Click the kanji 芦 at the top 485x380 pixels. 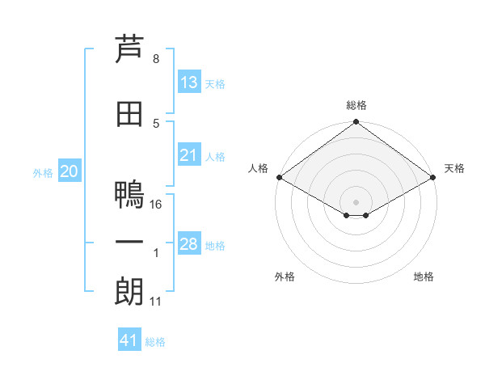pyautogui.click(x=129, y=49)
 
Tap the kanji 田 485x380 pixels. pyautogui.click(x=129, y=114)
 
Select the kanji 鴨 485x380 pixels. pyautogui.click(x=129, y=194)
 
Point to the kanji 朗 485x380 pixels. pyautogui.click(x=129, y=291)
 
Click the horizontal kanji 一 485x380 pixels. pyautogui.click(x=129, y=243)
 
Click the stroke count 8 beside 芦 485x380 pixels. pyautogui.click(x=156, y=59)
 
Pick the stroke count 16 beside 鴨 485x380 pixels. pyautogui.click(x=155, y=205)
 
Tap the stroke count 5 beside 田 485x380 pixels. pyautogui.click(x=156, y=124)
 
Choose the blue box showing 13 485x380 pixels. pyautogui.click(x=189, y=82)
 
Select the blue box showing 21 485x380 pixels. pyautogui.click(x=189, y=154)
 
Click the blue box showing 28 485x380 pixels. pyautogui.click(x=189, y=243)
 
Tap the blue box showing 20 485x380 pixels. pyautogui.click(x=70, y=171)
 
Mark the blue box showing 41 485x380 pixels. pyautogui.click(x=129, y=339)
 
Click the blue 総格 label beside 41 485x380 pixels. pyautogui.click(x=155, y=342)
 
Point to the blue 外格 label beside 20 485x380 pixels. pyautogui.click(x=43, y=173)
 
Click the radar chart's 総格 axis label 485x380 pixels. pyautogui.click(x=356, y=105)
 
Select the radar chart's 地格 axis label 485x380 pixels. pyautogui.click(x=424, y=277)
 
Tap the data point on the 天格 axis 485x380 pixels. pyautogui.click(x=433, y=177)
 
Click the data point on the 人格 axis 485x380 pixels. pyautogui.click(x=280, y=177)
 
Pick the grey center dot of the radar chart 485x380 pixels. pyautogui.click(x=356, y=202)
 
